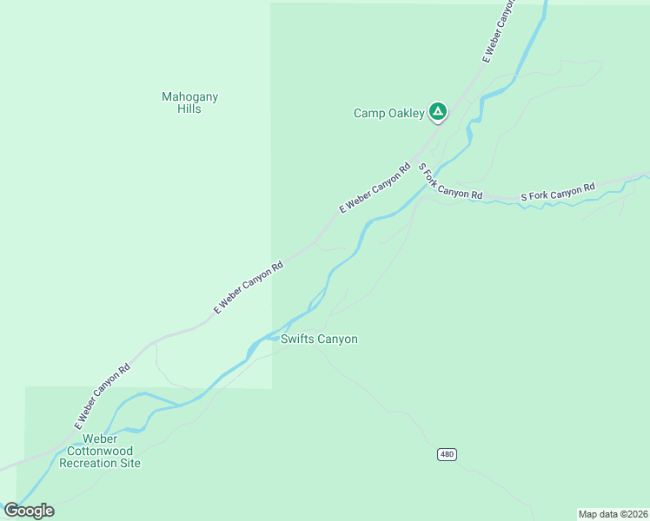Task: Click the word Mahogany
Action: point(189,97)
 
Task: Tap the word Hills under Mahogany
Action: point(189,109)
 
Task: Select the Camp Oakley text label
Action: point(388,113)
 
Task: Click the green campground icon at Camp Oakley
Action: point(439,111)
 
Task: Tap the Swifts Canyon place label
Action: point(319,340)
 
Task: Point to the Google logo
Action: point(29,511)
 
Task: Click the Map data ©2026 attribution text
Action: point(613,514)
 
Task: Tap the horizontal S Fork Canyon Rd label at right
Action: point(557,192)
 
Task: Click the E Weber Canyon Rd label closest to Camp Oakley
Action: point(375,188)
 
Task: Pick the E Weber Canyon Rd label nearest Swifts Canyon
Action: point(249,287)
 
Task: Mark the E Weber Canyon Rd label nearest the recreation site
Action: point(102,395)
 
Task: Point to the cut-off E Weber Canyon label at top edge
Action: point(499,30)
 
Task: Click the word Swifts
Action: point(297,340)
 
